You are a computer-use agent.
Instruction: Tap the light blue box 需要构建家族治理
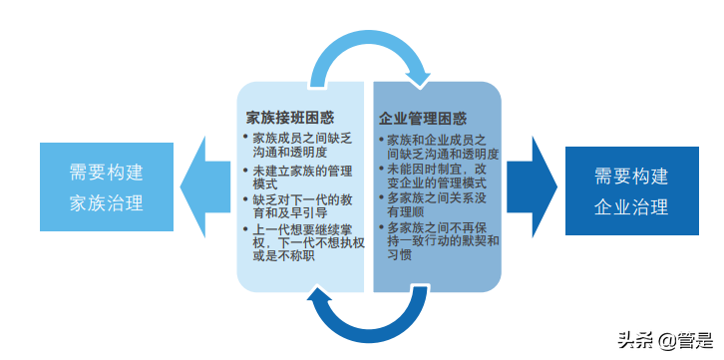point(106,187)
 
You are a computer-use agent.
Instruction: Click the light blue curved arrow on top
point(370,50)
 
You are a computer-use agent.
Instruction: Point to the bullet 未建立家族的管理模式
point(300,178)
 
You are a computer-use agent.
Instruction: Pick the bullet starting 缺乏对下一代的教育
point(300,207)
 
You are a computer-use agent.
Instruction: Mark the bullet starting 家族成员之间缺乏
point(298,145)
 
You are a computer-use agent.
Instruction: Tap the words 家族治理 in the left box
point(106,203)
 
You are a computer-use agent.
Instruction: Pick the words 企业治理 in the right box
point(630,207)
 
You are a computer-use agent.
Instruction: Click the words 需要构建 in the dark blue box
point(630,177)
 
